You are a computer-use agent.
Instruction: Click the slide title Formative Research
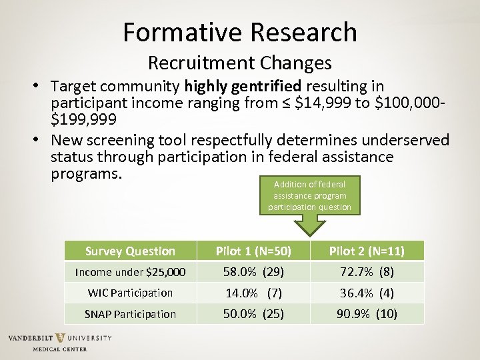pyautogui.click(x=240, y=31)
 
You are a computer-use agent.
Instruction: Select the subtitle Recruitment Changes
pyautogui.click(x=240, y=63)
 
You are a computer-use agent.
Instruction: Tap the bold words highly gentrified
pyautogui.click(x=243, y=87)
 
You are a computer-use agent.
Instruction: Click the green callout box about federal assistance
pyautogui.click(x=309, y=195)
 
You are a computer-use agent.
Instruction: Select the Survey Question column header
pyautogui.click(x=130, y=251)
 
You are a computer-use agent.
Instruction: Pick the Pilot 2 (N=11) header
pyautogui.click(x=366, y=251)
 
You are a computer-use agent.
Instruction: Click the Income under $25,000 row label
pyautogui.click(x=130, y=272)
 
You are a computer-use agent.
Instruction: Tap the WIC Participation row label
pyautogui.click(x=130, y=293)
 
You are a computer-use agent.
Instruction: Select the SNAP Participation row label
pyautogui.click(x=130, y=314)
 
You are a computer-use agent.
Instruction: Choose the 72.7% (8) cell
pyautogui.click(x=366, y=272)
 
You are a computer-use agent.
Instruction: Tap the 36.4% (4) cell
pyautogui.click(x=366, y=293)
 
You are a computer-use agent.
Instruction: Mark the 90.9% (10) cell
pyautogui.click(x=366, y=314)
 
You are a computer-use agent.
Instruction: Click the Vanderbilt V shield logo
pyautogui.click(x=60, y=338)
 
